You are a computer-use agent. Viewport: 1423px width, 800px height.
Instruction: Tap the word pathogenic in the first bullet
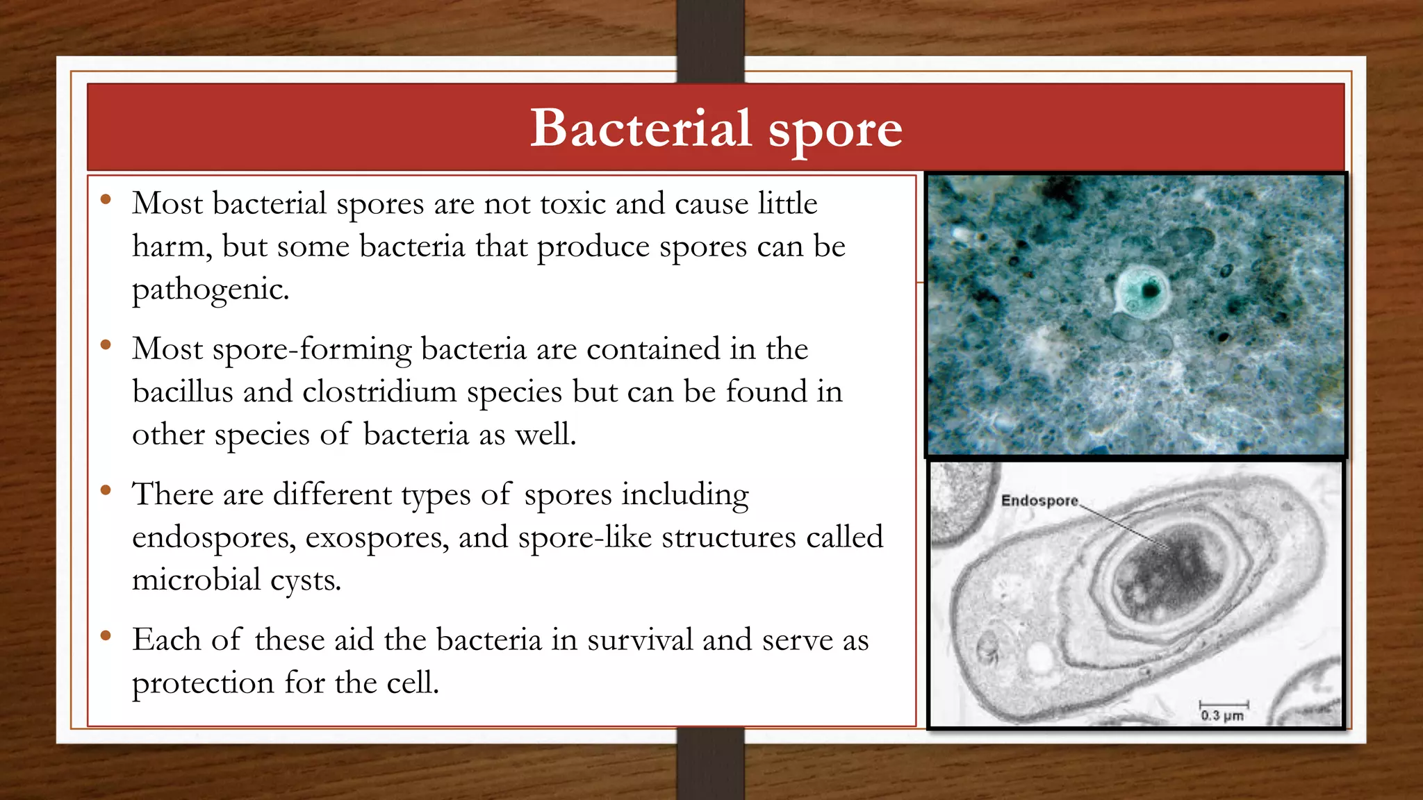(209, 290)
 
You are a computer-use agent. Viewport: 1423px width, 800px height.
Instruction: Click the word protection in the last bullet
(202, 683)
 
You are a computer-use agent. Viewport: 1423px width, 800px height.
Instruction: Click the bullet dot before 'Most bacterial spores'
(106, 200)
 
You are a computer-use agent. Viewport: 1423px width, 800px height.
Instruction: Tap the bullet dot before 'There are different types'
(106, 490)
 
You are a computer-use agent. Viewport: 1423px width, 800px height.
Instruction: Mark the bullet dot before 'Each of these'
(106, 635)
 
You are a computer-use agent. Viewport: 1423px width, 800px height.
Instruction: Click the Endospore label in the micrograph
(1039, 501)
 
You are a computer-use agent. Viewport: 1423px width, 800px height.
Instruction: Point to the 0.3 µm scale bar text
(1222, 715)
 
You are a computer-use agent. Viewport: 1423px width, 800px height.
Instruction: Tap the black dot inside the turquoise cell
(1151, 290)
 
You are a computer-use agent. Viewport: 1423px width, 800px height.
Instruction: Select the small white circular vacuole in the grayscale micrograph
(1040, 657)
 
